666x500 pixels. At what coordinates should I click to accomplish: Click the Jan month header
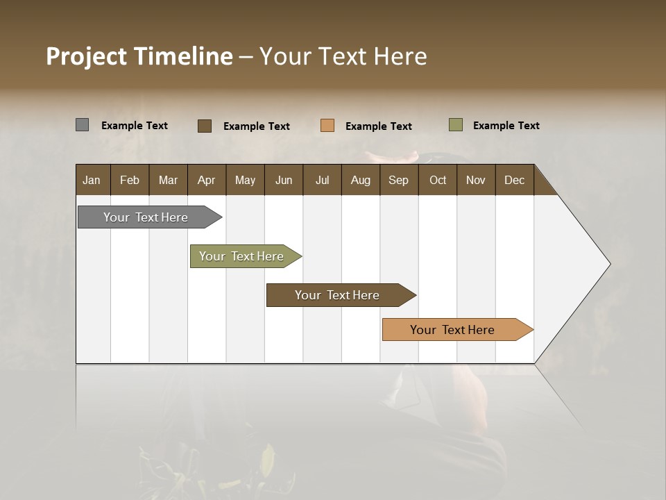point(92,180)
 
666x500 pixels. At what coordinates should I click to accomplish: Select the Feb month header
point(130,180)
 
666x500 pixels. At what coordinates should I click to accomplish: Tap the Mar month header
point(168,180)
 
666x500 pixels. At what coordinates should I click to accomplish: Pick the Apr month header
point(207,180)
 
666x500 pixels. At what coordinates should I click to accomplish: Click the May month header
point(245,180)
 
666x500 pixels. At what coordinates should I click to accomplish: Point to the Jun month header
point(284,180)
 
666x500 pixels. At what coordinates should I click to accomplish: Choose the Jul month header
point(322,180)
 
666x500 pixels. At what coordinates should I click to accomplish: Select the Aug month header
point(361,180)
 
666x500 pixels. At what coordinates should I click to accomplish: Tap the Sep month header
point(399,180)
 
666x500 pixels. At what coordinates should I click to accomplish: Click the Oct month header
point(438,180)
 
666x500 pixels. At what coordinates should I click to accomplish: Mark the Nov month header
point(476,180)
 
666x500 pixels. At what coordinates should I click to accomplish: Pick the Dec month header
point(514,180)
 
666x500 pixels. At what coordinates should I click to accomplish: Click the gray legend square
point(83,125)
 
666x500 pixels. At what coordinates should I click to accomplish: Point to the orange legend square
point(327,126)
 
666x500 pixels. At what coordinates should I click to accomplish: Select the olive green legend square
point(456,125)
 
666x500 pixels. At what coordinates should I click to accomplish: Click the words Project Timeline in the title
point(139,56)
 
